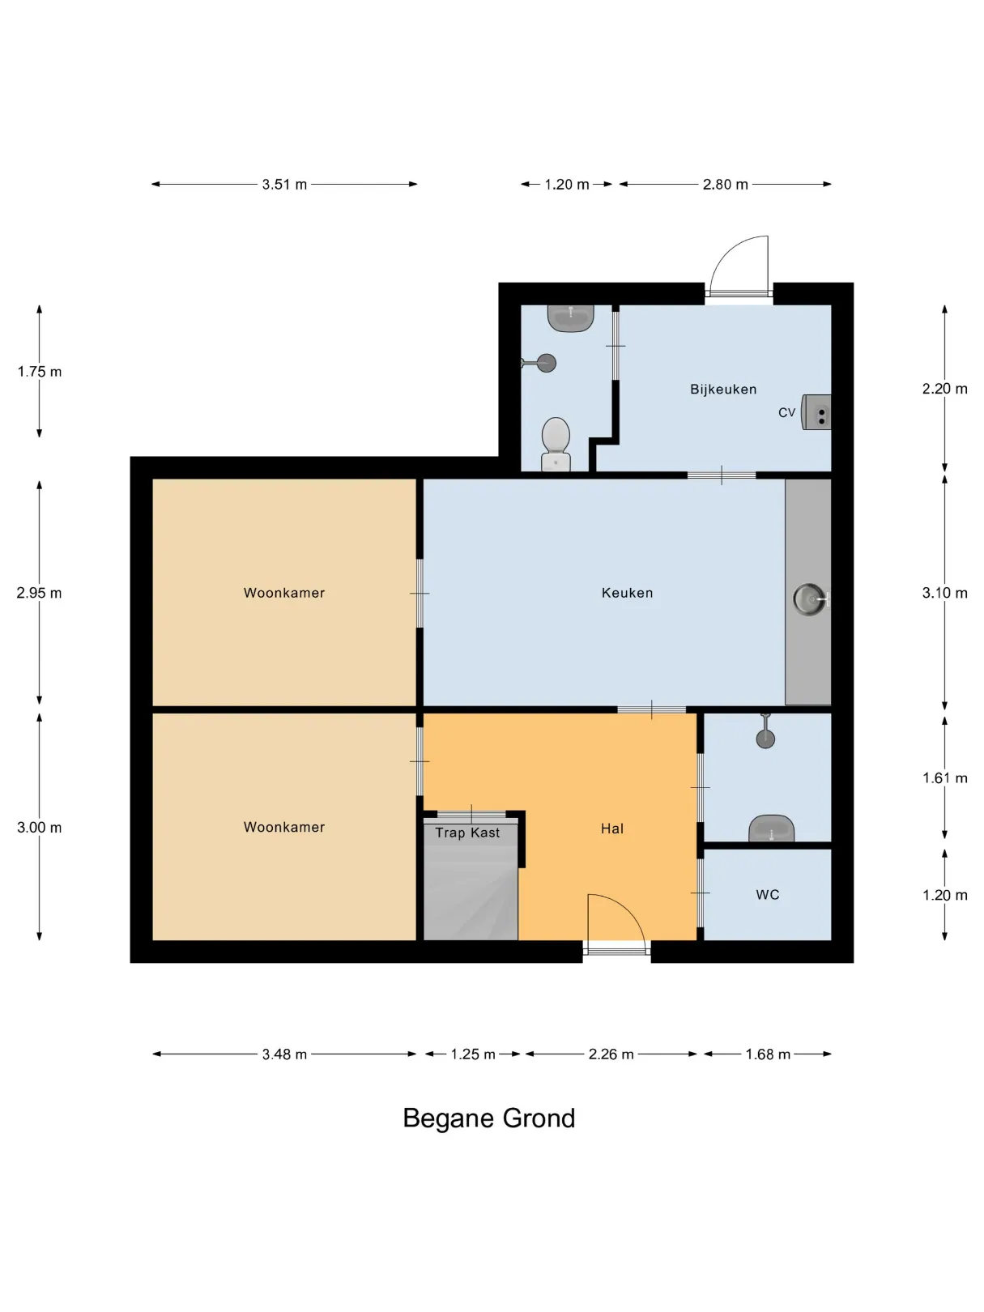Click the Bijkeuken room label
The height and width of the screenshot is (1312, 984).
[x=723, y=390]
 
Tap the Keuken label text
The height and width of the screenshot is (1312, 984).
[x=627, y=593]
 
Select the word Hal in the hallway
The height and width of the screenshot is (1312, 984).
[x=611, y=829]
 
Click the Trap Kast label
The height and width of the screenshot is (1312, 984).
[x=467, y=833]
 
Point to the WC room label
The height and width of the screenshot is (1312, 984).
[x=767, y=895]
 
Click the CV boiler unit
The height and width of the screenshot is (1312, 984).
[x=816, y=412]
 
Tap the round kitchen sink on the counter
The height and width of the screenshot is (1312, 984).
[x=810, y=598]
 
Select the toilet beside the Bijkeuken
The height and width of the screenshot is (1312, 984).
[x=556, y=444]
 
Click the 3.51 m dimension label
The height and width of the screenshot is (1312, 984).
[x=284, y=185]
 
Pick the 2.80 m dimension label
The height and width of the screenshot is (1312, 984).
[x=726, y=185]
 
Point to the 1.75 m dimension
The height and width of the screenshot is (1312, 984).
[x=40, y=372]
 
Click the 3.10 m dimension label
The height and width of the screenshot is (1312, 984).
[x=944, y=593]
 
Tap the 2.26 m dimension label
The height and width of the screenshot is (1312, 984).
[x=611, y=1054]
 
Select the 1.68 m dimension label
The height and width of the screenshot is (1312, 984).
[x=768, y=1054]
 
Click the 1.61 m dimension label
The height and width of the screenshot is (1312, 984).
[x=944, y=778]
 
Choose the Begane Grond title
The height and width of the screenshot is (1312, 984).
[x=488, y=1118]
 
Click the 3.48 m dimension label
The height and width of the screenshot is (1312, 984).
[x=284, y=1054]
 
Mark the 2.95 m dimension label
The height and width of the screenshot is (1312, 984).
[x=40, y=593]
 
